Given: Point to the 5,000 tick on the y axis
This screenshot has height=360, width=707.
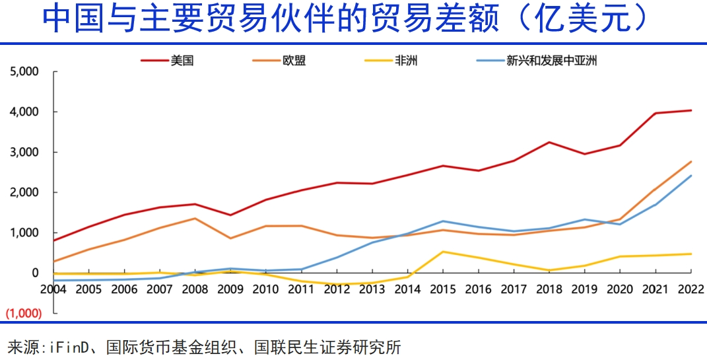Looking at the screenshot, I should click(26, 71).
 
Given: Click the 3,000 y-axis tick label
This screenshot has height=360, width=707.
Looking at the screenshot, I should click(26, 152).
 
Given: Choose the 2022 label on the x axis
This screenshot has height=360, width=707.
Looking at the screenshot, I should click(690, 289).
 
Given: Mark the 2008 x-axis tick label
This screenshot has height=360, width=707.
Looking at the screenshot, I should click(195, 289).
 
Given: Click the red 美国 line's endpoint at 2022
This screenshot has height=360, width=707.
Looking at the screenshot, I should click(691, 110).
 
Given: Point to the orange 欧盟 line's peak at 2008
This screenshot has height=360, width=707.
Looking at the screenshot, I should click(195, 218).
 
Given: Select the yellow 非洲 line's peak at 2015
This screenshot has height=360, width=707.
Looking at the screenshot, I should click(443, 252).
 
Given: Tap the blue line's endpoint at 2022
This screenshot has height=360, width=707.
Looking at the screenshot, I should click(691, 176).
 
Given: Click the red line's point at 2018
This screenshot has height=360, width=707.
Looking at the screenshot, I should click(549, 142).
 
